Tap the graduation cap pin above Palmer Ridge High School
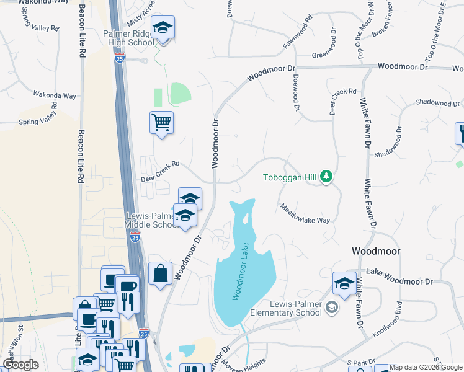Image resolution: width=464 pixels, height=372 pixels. (x=163, y=28)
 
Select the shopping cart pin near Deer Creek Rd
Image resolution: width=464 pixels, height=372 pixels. (x=161, y=123)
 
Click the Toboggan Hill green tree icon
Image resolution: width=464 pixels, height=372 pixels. (x=326, y=178)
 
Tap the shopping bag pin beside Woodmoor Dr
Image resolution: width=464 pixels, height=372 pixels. (x=160, y=273)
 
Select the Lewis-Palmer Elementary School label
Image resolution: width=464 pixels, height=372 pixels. (x=295, y=308)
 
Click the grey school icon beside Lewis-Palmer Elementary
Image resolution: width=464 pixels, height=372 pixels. (x=332, y=308)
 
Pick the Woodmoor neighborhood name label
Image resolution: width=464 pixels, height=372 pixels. (x=375, y=251)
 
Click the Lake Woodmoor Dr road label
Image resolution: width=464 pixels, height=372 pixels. (x=399, y=272)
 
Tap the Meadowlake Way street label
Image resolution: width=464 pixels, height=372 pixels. (x=304, y=213)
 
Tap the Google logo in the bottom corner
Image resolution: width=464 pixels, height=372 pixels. (x=20, y=365)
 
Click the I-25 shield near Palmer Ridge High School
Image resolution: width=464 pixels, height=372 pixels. (x=120, y=58)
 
